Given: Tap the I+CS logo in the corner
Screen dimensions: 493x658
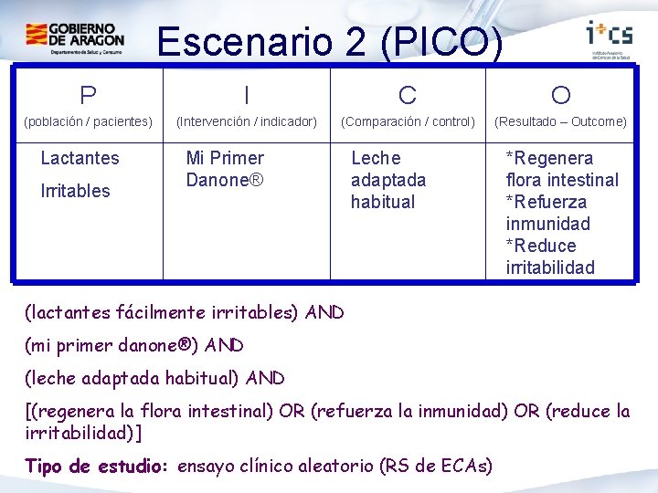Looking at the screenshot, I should (608, 37).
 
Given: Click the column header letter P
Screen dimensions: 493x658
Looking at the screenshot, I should (88, 95).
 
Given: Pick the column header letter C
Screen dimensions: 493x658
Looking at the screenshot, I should (408, 95).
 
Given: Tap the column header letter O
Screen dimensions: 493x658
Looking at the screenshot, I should (560, 95).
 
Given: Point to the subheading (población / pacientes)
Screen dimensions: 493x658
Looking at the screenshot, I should (88, 121).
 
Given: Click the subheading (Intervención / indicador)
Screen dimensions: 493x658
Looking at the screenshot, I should (246, 121).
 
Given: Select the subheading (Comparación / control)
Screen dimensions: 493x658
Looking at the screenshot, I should (408, 121).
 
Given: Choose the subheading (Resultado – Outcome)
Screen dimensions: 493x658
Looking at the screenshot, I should (560, 121).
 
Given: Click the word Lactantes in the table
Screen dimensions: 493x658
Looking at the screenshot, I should (80, 158).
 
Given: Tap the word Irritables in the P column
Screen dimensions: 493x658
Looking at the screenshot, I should (75, 191).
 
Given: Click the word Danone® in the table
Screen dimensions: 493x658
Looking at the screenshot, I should (225, 180).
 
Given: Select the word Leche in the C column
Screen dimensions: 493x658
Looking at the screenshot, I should (376, 158).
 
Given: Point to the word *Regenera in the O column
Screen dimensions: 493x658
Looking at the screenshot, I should (549, 158).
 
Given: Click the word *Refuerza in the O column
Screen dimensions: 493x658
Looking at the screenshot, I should (547, 202).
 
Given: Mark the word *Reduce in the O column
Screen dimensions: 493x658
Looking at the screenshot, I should (541, 246).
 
